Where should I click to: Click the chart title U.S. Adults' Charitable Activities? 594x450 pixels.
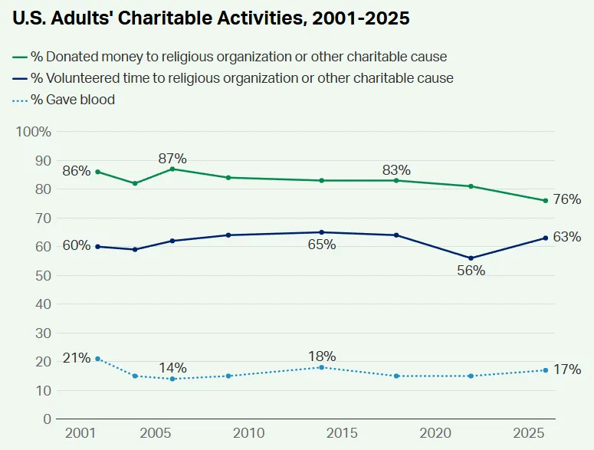[x=211, y=19]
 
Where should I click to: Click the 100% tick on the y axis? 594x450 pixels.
[x=34, y=132]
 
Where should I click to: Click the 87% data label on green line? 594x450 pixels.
[x=172, y=159]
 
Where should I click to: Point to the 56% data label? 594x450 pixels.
[x=471, y=271]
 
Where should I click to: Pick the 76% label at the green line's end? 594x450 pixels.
[x=566, y=199]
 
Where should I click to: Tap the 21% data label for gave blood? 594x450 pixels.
[x=77, y=358]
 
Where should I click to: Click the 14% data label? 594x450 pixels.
[x=172, y=367]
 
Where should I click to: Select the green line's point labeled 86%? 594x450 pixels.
[x=97, y=172]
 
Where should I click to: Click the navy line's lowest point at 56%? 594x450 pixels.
[x=471, y=258]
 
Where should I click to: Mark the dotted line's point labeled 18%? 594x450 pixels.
[x=321, y=367]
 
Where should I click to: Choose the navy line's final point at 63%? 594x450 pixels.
[x=545, y=238]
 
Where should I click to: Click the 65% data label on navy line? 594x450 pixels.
[x=321, y=245]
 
